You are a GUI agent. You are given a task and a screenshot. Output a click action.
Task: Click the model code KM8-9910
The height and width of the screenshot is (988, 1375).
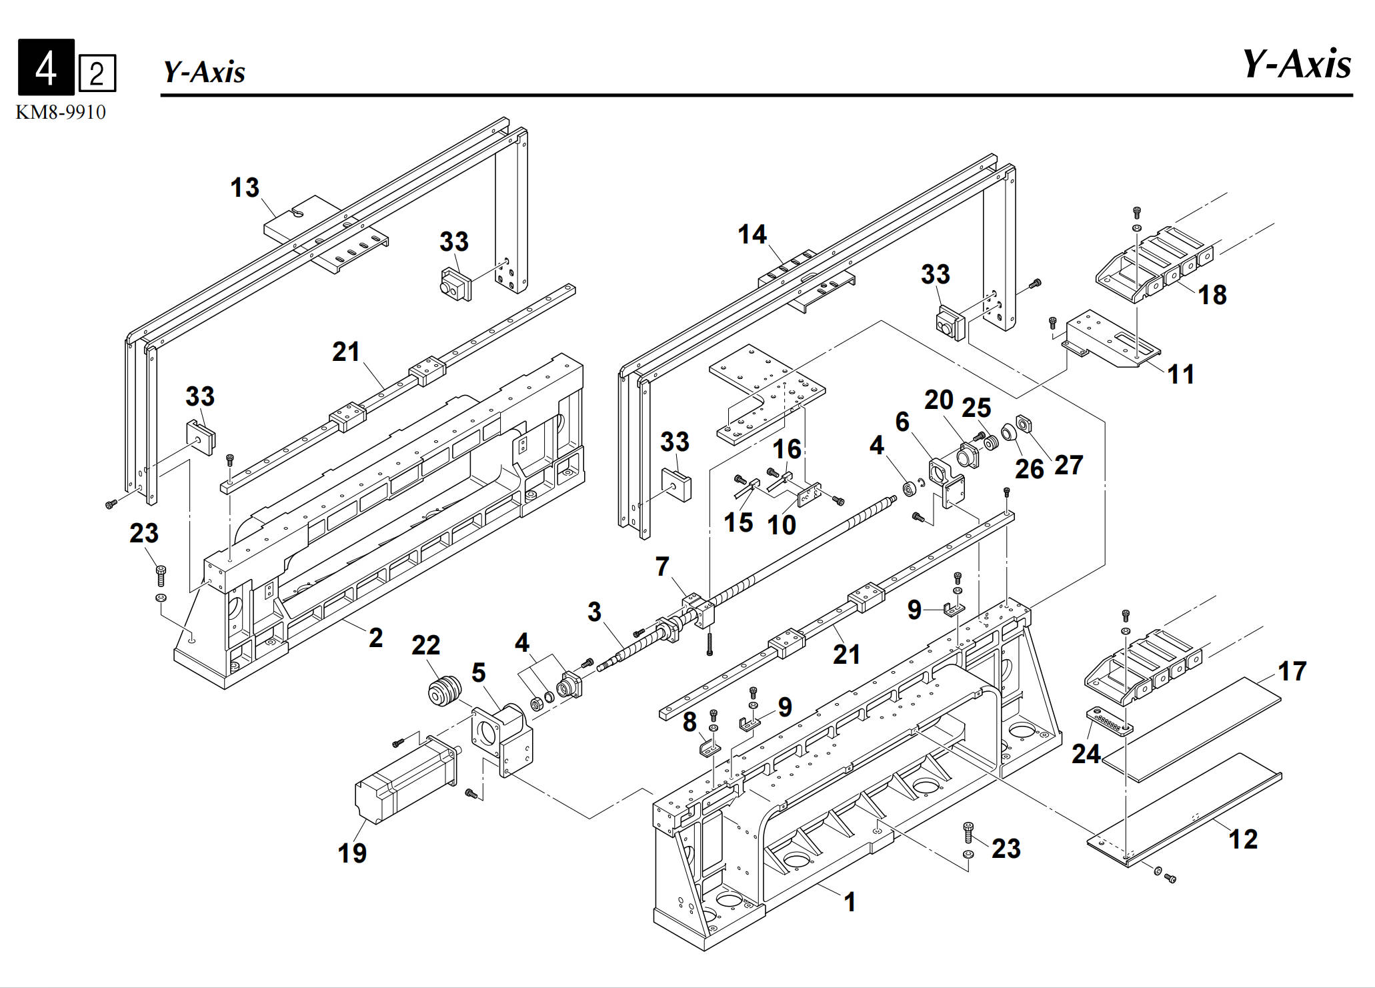(x=61, y=112)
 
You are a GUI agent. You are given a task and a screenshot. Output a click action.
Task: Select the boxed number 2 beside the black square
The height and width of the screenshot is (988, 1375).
(x=97, y=73)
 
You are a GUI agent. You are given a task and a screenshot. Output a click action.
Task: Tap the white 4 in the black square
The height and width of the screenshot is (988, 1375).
(x=46, y=67)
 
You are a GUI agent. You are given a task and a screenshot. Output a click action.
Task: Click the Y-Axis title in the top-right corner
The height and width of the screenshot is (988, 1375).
(x=1296, y=65)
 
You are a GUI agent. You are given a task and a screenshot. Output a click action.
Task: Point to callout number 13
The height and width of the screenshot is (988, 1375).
(x=245, y=187)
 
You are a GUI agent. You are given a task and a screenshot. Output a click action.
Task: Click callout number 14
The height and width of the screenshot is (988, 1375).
(x=752, y=234)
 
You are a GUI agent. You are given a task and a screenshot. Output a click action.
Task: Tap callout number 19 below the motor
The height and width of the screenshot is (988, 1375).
(x=352, y=853)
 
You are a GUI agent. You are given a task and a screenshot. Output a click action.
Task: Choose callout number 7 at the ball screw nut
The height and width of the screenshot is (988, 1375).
(x=662, y=566)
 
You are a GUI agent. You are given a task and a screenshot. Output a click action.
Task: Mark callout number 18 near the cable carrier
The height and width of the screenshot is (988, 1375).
(x=1212, y=294)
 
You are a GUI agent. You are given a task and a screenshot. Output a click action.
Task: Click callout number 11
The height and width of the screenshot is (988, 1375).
(x=1181, y=374)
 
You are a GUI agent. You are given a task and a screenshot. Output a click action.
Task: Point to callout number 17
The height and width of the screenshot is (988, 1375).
(x=1292, y=671)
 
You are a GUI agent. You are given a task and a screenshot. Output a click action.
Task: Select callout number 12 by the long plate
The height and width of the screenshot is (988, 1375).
(x=1243, y=839)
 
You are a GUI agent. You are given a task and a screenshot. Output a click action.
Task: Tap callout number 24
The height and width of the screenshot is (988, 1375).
(x=1086, y=753)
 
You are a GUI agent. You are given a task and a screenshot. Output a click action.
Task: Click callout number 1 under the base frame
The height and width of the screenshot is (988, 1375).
(x=850, y=902)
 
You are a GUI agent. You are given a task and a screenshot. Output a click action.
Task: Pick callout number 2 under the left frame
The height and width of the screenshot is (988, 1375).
(x=376, y=638)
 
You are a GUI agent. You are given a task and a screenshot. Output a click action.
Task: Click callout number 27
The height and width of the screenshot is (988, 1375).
(x=1068, y=465)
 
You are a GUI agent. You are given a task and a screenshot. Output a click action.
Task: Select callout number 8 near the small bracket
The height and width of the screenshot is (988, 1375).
(x=690, y=721)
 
